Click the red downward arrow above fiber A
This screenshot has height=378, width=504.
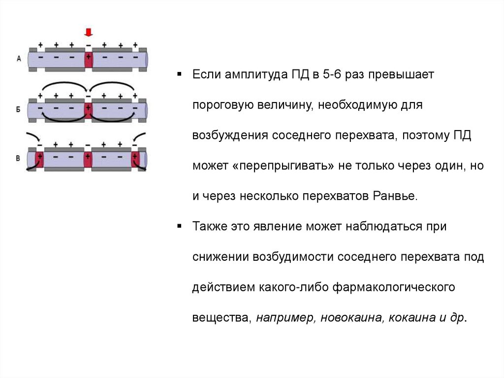click(x=89, y=33)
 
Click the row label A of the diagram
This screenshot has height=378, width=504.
click(x=19, y=59)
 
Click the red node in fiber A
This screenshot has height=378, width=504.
click(x=88, y=59)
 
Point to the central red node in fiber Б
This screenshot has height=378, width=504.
click(x=88, y=109)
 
